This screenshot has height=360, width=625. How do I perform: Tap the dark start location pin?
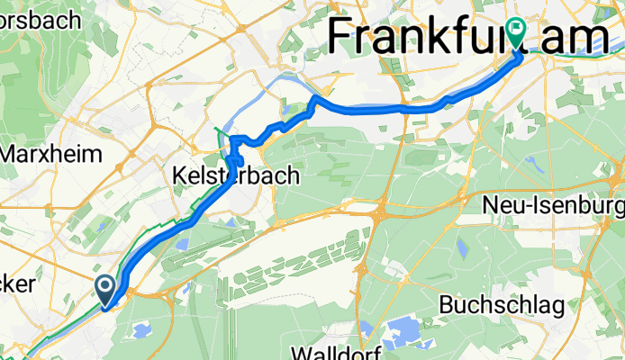click(x=104, y=290)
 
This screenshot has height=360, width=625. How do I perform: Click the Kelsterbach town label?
click(x=234, y=177)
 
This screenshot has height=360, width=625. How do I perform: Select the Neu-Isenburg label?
click(x=553, y=205)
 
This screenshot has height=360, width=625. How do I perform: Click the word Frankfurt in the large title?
click(x=420, y=38)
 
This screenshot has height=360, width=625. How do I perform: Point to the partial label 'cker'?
click(x=18, y=283)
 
